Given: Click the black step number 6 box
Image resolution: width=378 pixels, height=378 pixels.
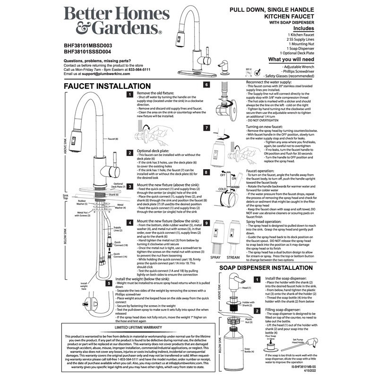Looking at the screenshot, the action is (206, 85).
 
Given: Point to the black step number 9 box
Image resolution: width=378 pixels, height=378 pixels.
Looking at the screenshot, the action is (206, 222).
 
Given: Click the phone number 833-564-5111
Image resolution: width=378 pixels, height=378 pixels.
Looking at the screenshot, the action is (137, 69).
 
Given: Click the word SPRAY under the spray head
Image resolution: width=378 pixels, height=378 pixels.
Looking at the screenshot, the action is (215, 258).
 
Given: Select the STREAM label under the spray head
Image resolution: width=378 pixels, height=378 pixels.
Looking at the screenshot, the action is (233, 258).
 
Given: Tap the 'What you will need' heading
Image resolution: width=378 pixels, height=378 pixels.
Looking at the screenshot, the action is (291, 60).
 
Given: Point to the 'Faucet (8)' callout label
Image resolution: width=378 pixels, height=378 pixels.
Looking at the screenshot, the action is (113, 139).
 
